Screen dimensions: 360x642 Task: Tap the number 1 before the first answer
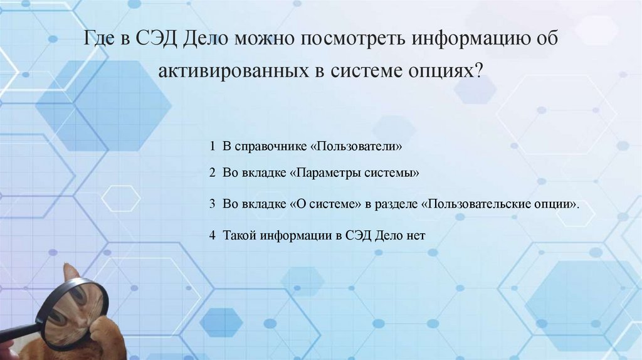pos(213,146)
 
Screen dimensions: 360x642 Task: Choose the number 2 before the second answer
pos(213,172)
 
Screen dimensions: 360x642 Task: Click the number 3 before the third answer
pos(213,204)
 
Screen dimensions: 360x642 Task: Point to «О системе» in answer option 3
pos(324,204)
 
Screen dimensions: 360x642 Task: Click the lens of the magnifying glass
pos(75,311)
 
